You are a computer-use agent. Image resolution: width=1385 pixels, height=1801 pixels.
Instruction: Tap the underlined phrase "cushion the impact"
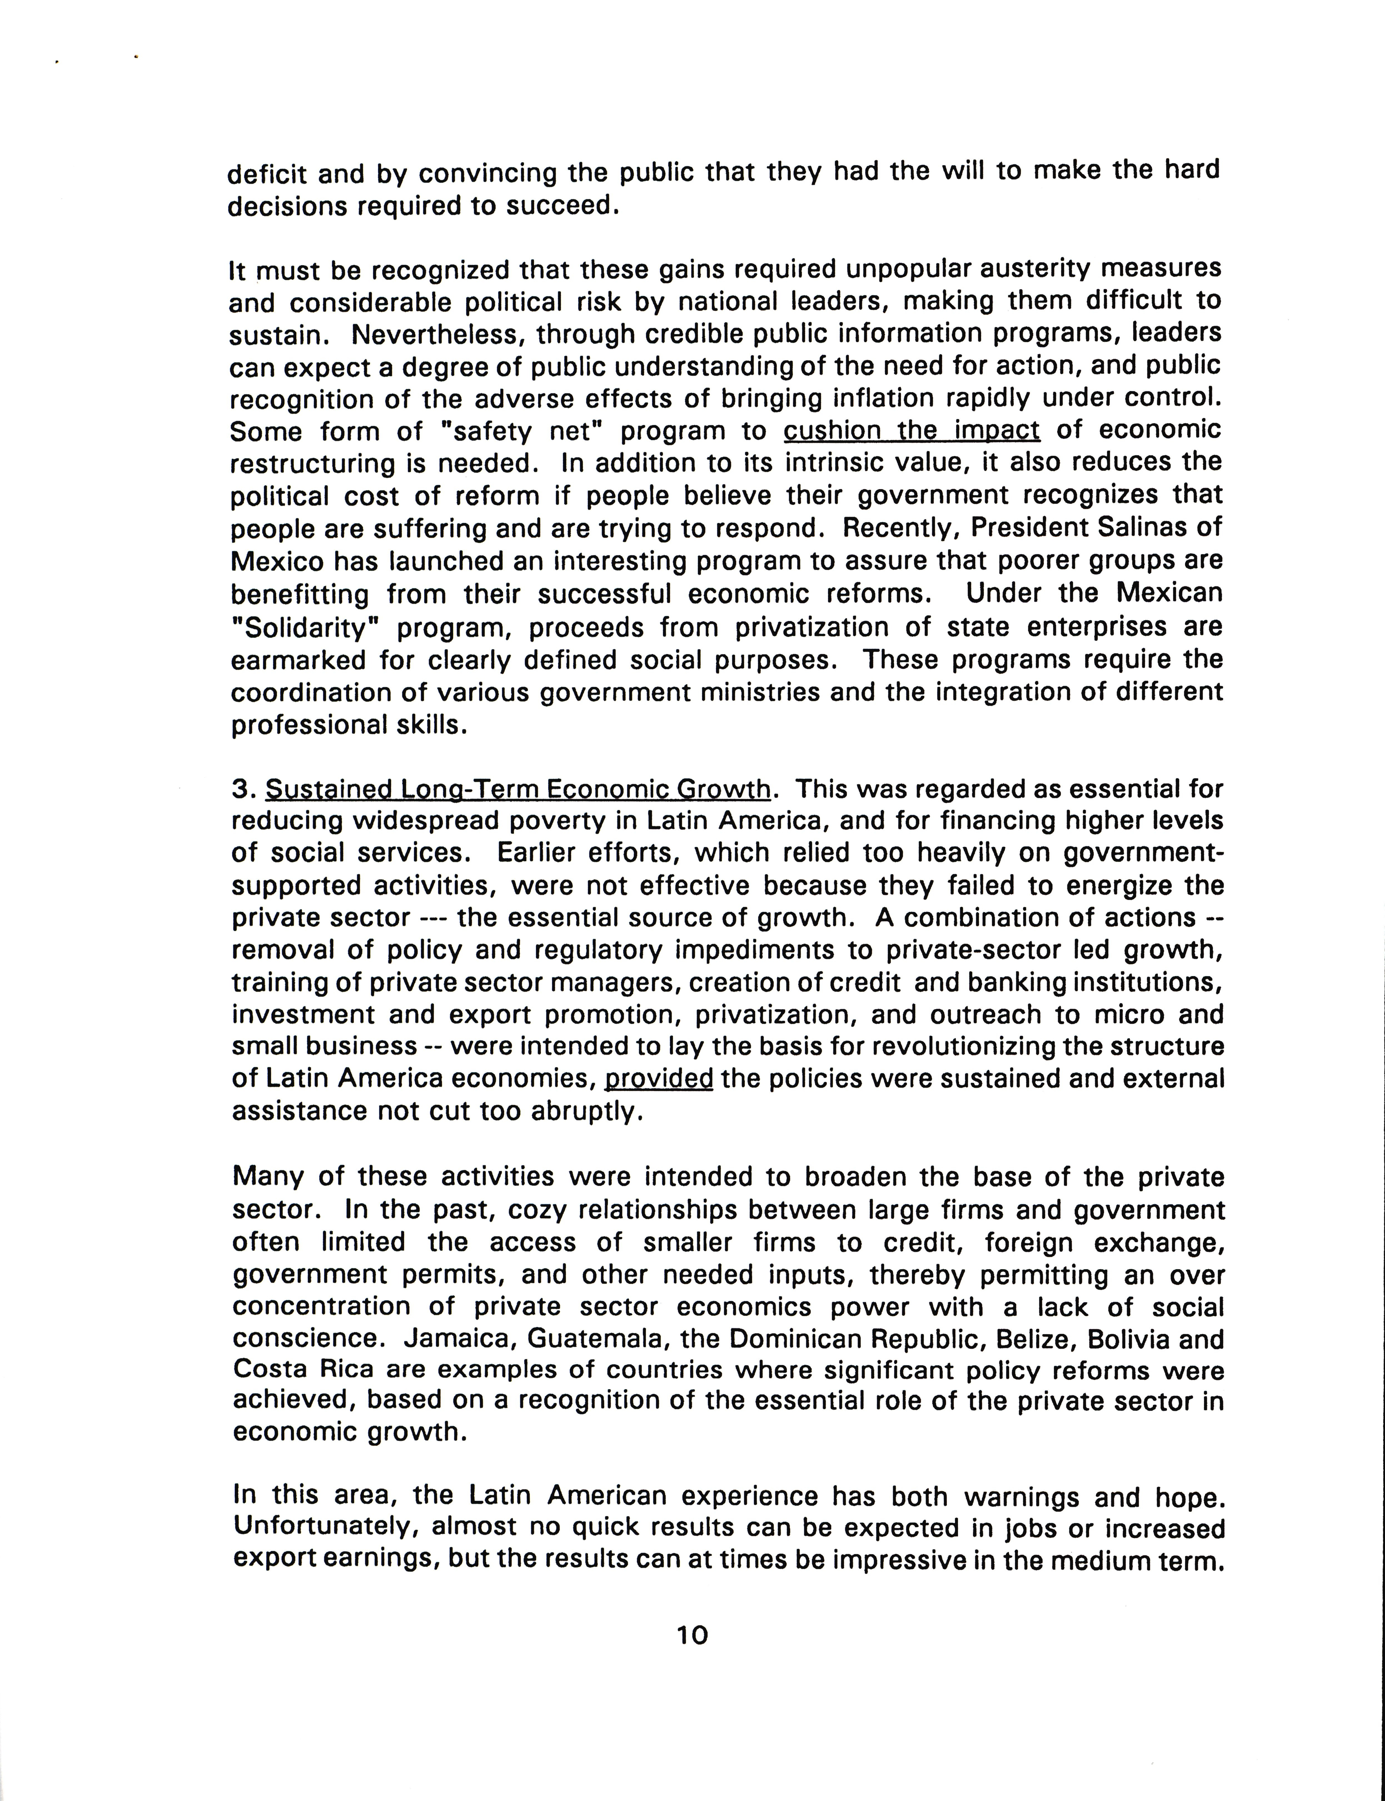click(x=911, y=430)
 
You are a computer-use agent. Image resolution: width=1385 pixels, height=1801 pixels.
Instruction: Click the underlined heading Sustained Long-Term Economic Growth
click(x=518, y=790)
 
